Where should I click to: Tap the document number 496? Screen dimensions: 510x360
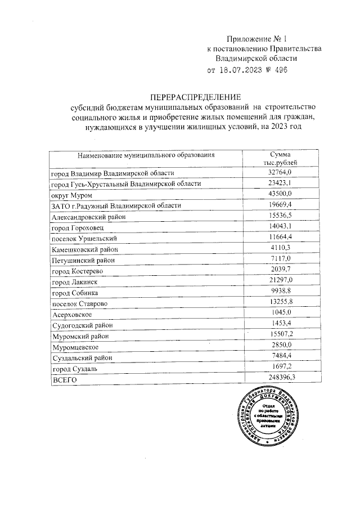(278, 70)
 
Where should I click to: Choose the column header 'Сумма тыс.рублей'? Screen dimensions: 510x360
(280, 158)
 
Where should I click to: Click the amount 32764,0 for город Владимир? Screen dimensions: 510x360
(280, 173)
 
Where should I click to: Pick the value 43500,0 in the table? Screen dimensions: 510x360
(280, 194)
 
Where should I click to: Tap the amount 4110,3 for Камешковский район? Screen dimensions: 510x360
(280, 248)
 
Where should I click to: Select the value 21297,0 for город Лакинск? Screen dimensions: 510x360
(280, 280)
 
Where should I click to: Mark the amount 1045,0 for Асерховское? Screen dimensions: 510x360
(280, 314)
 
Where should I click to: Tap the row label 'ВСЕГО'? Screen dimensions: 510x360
(63, 380)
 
